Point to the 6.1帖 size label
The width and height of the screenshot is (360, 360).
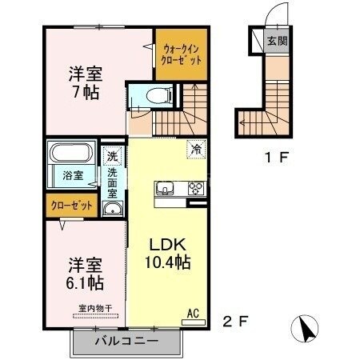82,282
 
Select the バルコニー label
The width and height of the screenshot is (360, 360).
127,341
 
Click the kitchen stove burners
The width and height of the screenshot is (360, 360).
195,189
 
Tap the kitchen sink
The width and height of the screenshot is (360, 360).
166,189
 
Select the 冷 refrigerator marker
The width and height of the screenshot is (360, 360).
195,148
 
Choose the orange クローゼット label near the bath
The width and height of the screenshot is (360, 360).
71,206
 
